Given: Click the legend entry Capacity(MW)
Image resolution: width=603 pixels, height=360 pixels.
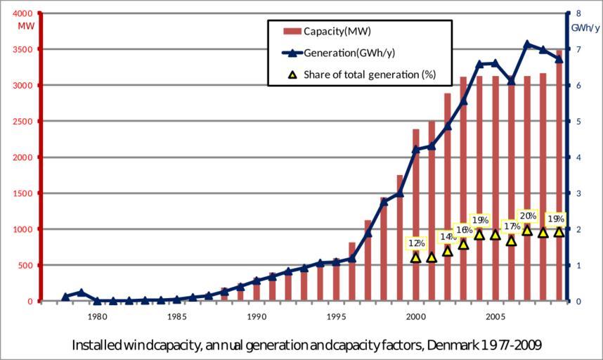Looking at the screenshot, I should click(337, 32).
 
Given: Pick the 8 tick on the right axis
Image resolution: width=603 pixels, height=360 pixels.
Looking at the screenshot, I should click(578, 13).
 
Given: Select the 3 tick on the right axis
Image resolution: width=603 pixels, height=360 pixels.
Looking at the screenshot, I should click(578, 193).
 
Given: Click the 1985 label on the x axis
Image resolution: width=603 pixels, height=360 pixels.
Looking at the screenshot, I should click(176, 316).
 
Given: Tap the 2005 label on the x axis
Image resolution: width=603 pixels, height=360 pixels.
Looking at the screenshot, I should click(495, 316).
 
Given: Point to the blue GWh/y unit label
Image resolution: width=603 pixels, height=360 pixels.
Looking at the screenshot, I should click(585, 28).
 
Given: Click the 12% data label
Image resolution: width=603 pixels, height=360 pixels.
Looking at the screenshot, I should click(416, 243).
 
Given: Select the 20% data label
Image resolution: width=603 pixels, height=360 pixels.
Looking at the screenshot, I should click(529, 217).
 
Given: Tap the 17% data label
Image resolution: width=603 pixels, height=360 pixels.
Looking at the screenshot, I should click(512, 226).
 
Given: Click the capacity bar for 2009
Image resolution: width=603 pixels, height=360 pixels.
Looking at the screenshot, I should click(559, 176).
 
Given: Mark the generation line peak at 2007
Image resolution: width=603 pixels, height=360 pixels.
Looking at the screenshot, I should click(527, 44).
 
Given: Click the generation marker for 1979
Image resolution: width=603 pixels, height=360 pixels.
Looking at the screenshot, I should click(82, 292).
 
